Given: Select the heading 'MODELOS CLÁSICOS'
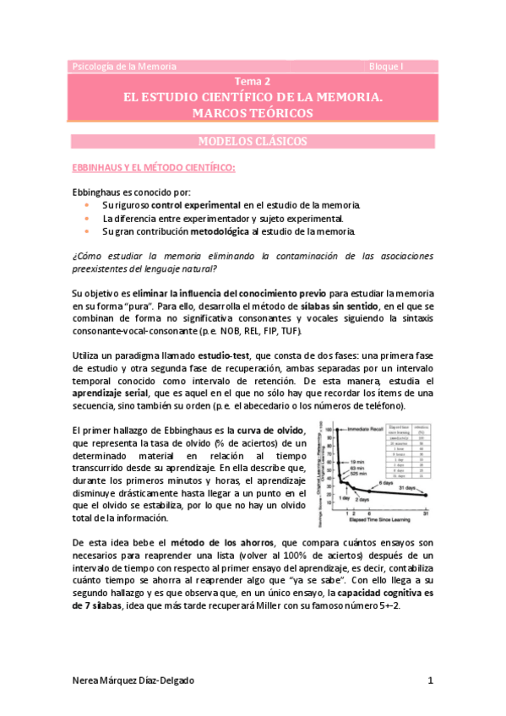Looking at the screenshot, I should [253, 141].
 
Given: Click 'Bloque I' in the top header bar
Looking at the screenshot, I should [388, 66].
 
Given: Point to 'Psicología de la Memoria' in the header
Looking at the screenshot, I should [124, 66].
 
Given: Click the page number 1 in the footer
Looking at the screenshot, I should [430, 680].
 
